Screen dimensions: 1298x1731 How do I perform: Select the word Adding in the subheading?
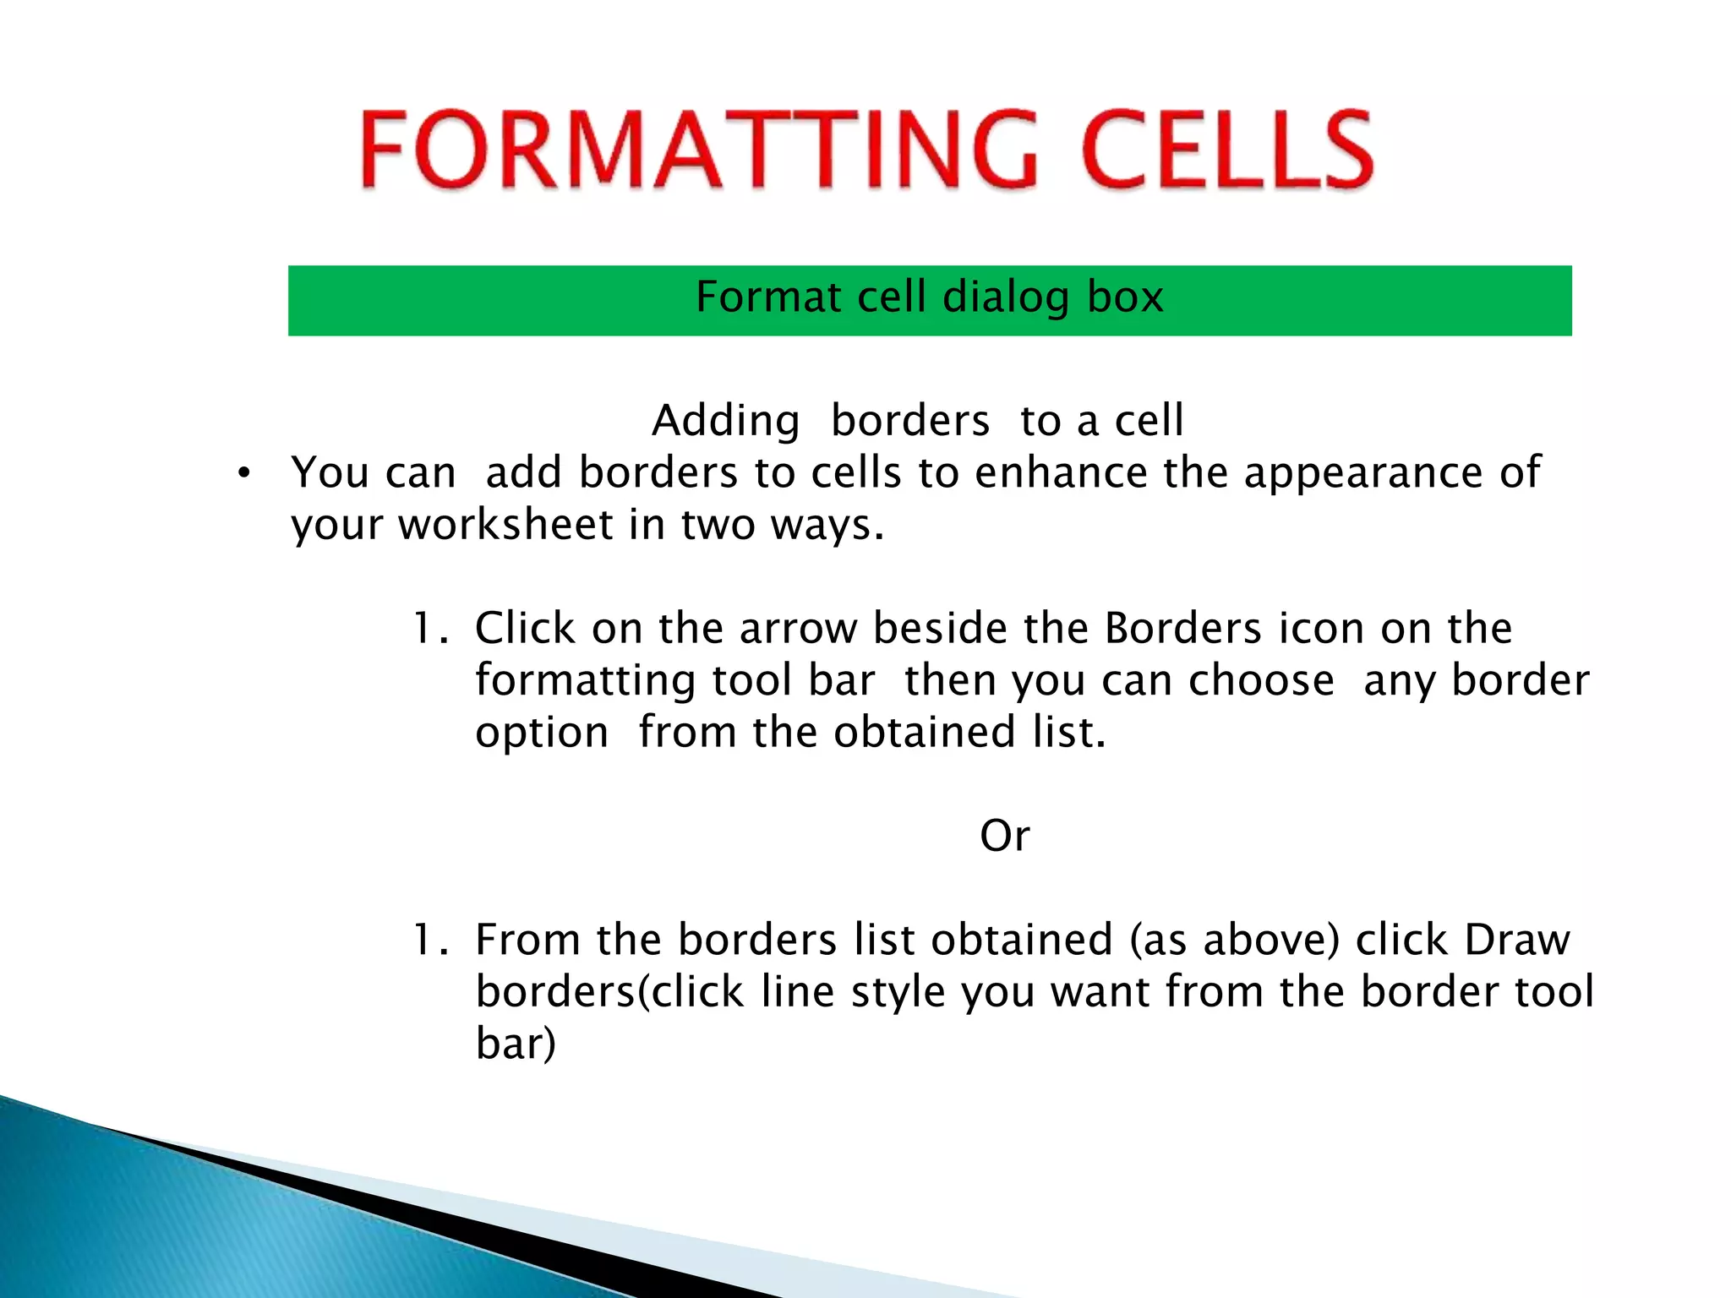[x=725, y=421]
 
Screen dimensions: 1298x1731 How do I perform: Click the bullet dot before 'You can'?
[x=244, y=474]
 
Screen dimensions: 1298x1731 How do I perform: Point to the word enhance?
[x=1060, y=472]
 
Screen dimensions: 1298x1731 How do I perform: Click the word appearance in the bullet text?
[x=1362, y=472]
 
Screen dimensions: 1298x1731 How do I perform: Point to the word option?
[x=542, y=732]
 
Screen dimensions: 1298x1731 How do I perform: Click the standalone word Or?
[x=1004, y=836]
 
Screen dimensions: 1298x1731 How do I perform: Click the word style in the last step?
[x=898, y=991]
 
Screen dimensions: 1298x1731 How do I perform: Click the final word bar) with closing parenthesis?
[x=516, y=1044]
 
